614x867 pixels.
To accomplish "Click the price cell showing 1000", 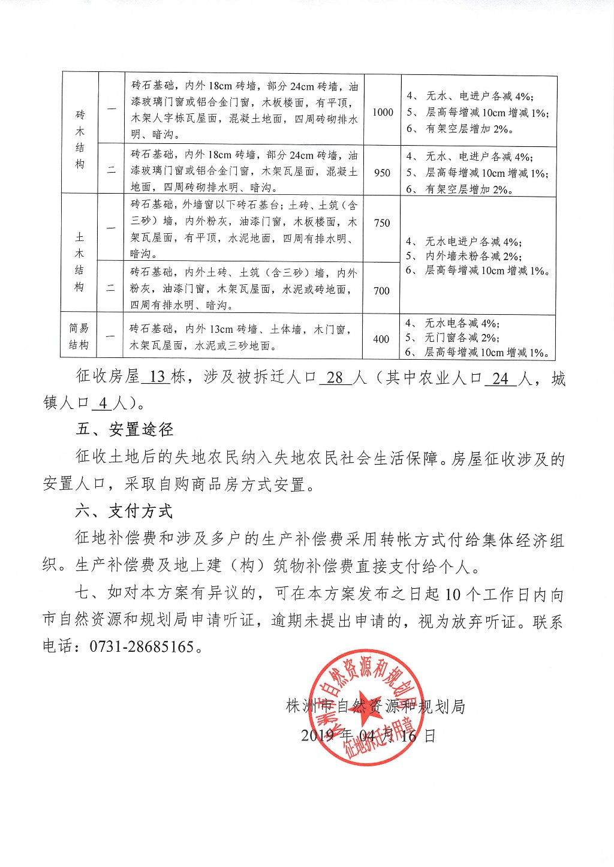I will [383, 112].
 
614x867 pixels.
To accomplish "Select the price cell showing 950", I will [382, 173].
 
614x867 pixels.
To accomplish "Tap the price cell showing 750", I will [382, 223].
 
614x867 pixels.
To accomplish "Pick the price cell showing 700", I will [381, 291].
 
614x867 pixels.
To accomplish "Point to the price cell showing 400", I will [381, 339].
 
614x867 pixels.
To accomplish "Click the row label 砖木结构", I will [80, 139].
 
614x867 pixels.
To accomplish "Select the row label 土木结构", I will [80, 261].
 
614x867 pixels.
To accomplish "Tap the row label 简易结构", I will [79, 336].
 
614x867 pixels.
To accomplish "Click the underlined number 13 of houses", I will [157, 377].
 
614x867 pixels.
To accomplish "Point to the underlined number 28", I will [335, 378].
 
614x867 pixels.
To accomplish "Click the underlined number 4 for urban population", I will [103, 403].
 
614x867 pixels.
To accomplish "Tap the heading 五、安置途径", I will [125, 429].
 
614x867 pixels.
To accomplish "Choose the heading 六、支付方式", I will [124, 511].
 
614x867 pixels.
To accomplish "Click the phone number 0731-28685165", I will [142, 647].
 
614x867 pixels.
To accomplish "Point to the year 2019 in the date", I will [318, 736].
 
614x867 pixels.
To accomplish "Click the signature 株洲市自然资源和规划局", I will [376, 706].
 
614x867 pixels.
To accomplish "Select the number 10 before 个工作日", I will [453, 594].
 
